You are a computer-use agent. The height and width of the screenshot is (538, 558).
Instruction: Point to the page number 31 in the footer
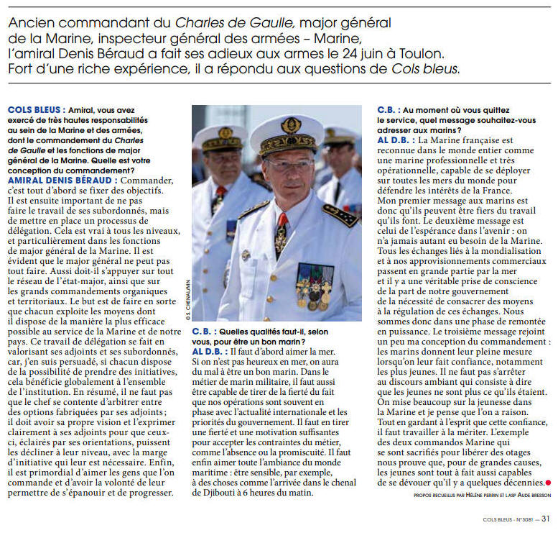(x=546, y=517)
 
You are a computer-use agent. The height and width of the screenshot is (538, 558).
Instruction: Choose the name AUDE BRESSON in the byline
(x=529, y=496)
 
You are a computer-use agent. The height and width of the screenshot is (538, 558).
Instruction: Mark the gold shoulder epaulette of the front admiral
(x=340, y=214)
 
